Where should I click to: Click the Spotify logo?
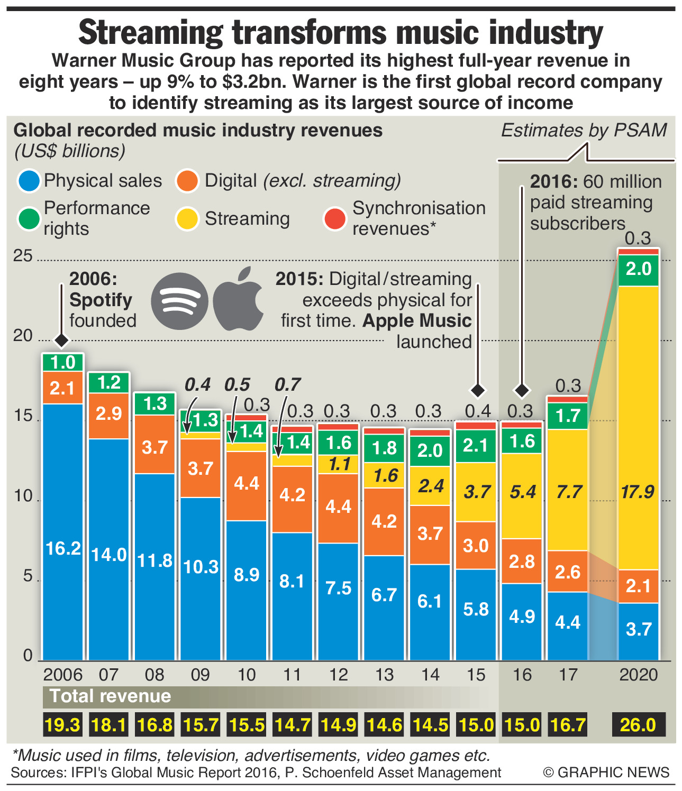179,301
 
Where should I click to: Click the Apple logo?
239,299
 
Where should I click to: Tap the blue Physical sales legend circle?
29,181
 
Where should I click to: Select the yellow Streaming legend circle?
187,219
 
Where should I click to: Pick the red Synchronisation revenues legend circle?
335,219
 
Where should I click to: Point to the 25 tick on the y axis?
23,256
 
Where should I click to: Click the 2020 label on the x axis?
638,675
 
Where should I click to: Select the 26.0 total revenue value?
638,724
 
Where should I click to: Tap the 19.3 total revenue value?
63,724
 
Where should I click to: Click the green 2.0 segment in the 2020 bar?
638,270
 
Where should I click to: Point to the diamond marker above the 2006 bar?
62,341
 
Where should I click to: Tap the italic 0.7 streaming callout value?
287,384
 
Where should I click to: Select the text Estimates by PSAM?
584,131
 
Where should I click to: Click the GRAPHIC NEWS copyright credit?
606,772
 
